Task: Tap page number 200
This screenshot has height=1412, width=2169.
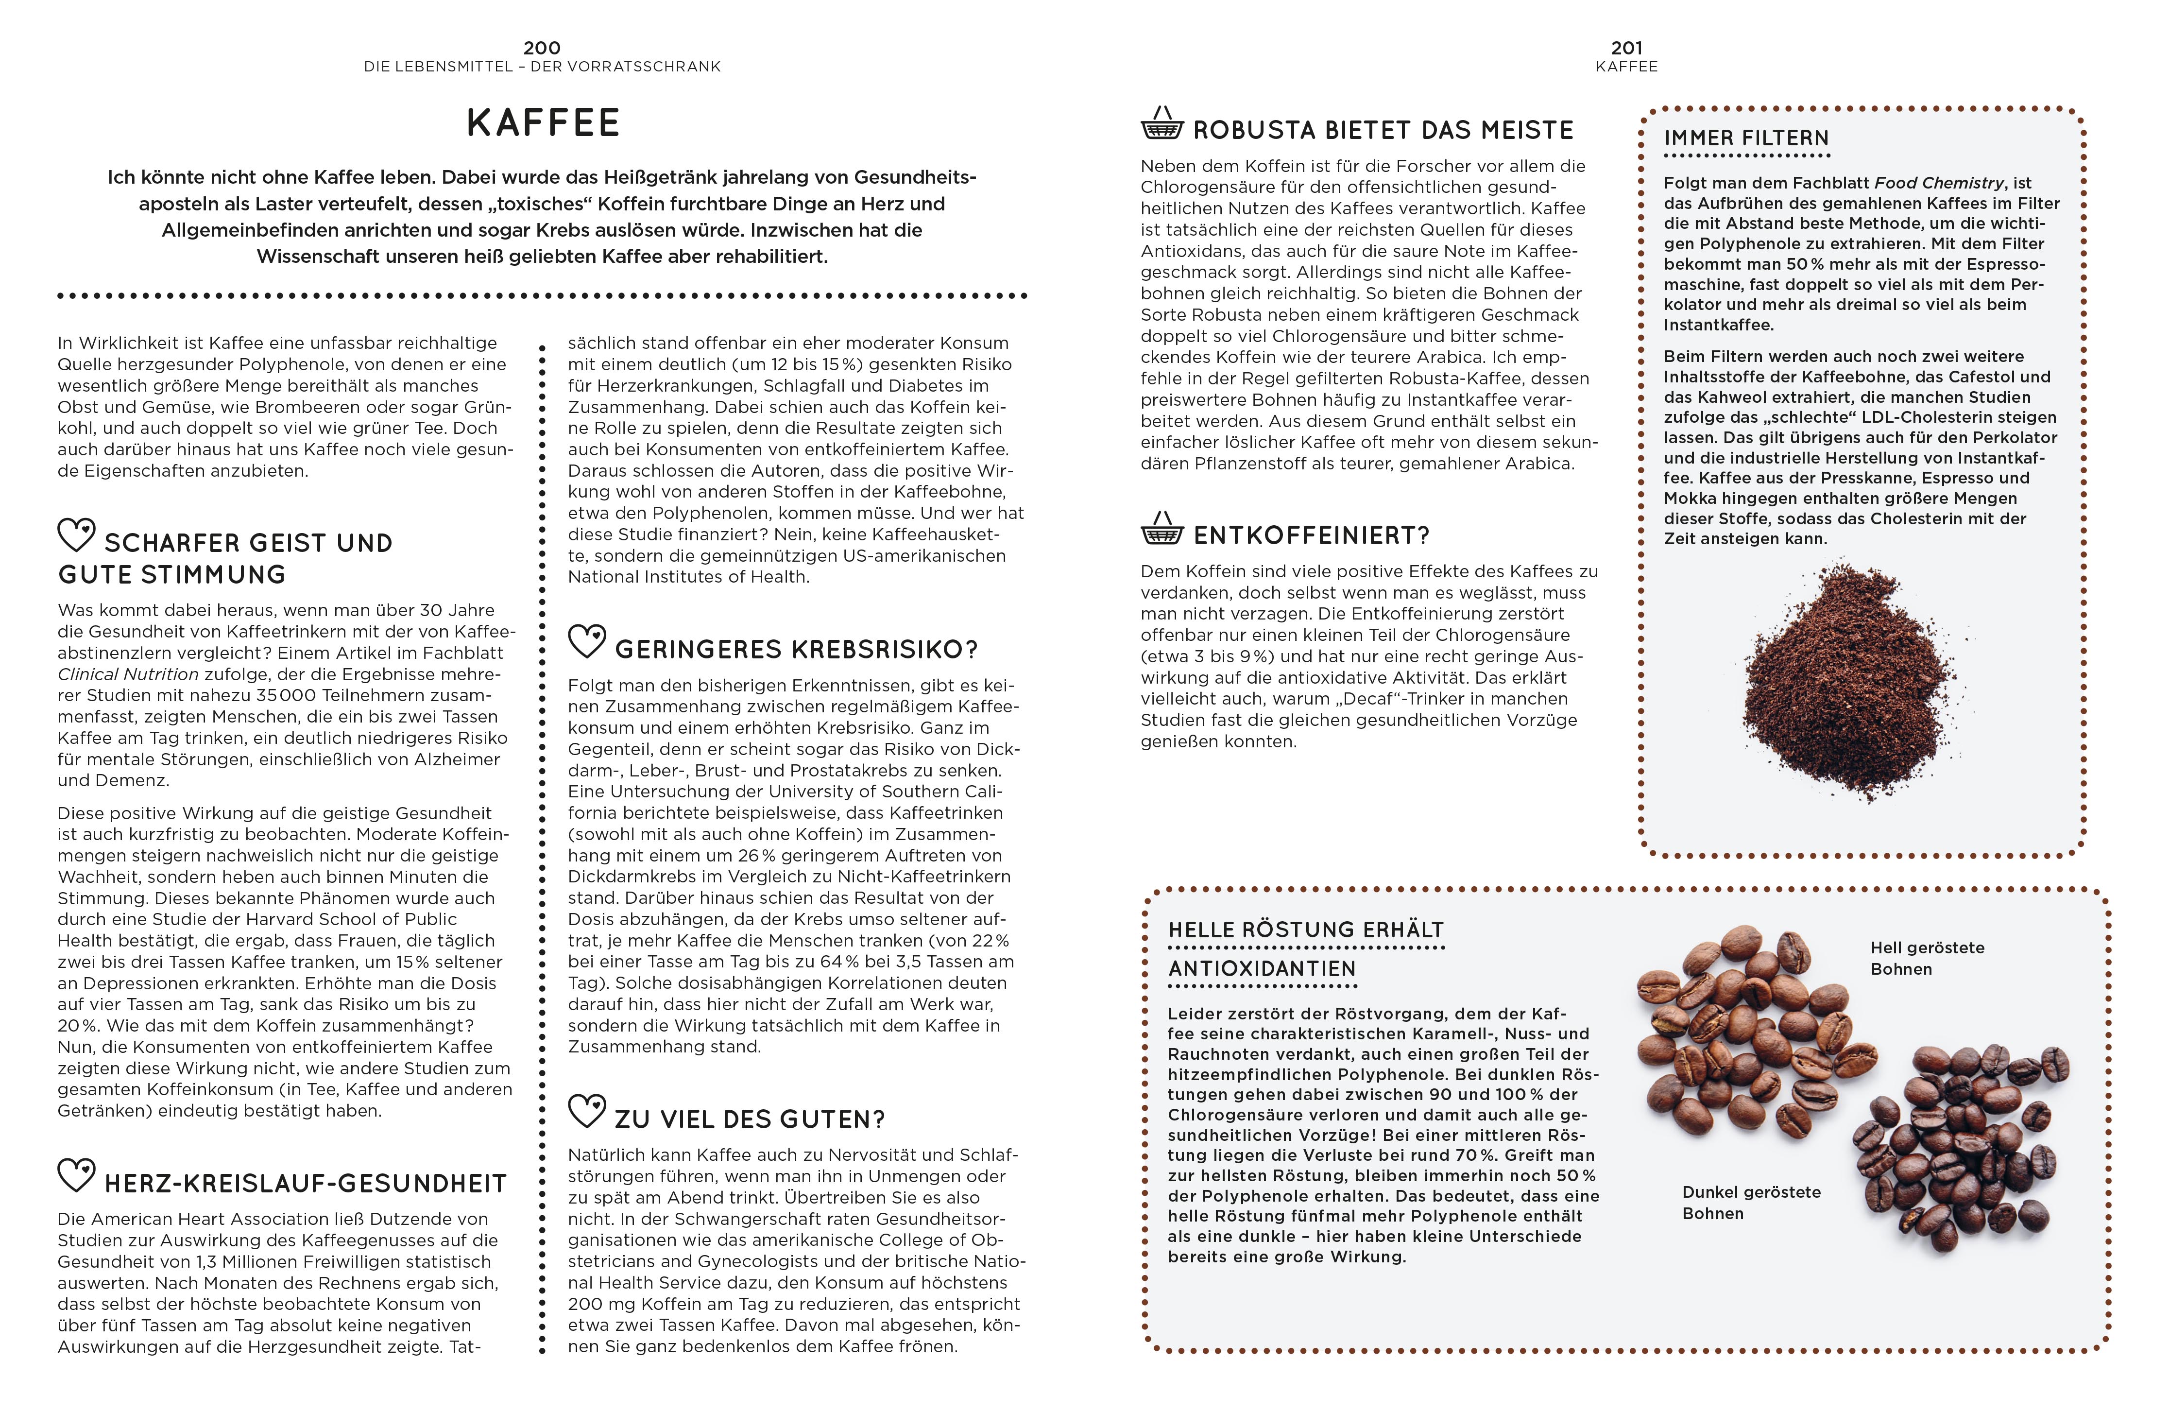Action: click(x=542, y=48)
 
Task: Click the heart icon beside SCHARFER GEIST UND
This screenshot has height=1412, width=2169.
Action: click(x=77, y=535)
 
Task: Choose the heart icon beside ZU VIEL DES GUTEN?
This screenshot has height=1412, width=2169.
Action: click(x=587, y=1111)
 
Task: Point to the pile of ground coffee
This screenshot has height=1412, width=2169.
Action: click(x=1850, y=684)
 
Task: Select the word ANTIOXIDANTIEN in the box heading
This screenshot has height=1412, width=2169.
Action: click(x=1262, y=969)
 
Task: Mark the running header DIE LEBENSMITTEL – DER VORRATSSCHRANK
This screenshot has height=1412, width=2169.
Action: click(x=542, y=67)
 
